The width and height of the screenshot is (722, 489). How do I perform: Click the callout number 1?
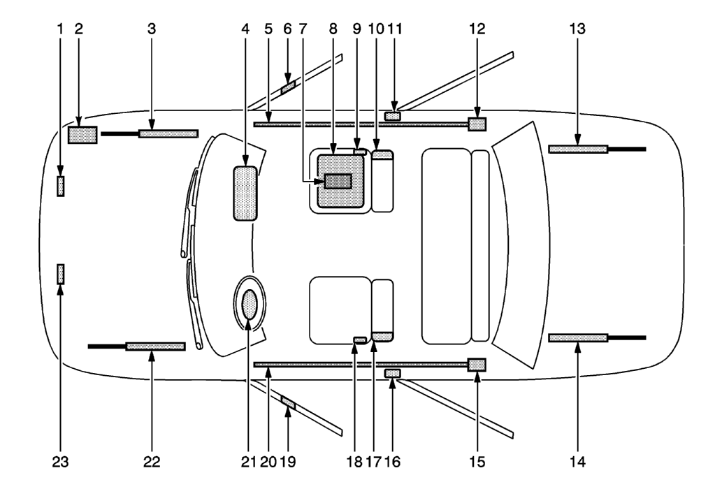tap(60, 29)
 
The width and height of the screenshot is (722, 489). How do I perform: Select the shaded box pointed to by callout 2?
tap(82, 135)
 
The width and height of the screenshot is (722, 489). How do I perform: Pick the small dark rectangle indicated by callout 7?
tap(338, 181)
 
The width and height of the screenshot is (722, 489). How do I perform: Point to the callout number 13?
tap(577, 29)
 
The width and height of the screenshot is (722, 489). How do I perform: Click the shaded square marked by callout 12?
tap(477, 124)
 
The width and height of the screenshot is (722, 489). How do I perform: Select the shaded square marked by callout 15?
tap(477, 365)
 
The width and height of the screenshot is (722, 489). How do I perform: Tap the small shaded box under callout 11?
tap(393, 117)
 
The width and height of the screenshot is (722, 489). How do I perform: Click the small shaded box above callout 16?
tap(393, 373)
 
